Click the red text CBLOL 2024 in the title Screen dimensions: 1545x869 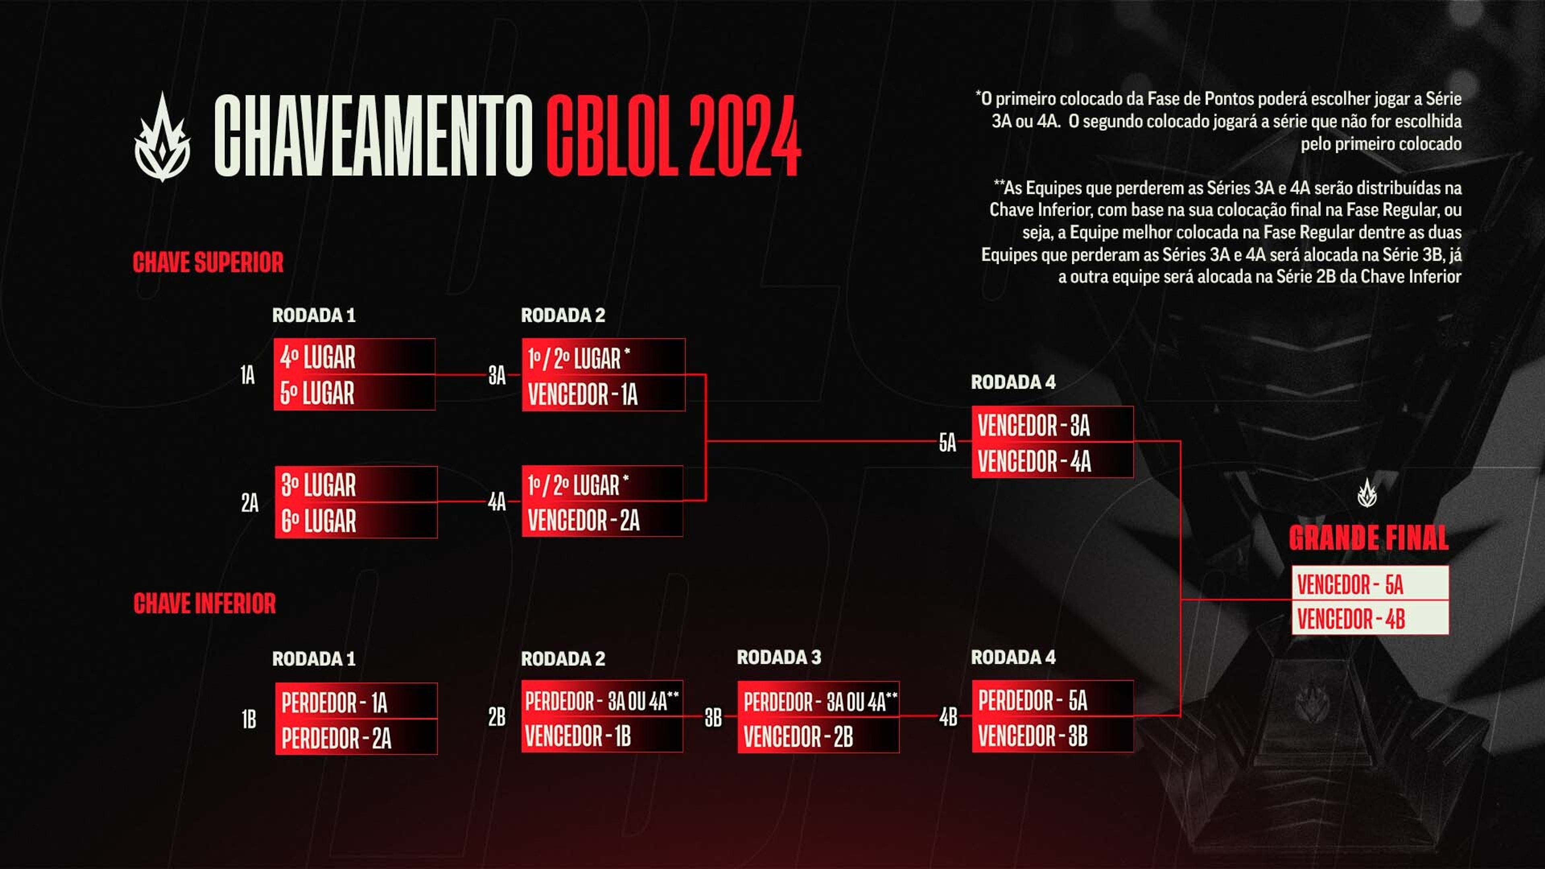pos(673,136)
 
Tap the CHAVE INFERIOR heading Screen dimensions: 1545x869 pos(204,603)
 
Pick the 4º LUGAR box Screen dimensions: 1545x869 pos(354,357)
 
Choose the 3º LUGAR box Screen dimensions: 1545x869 pos(356,484)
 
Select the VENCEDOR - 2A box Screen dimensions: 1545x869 pos(602,519)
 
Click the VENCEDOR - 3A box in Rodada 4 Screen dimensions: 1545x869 pos(1053,424)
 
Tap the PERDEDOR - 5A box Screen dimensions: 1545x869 pos(1053,699)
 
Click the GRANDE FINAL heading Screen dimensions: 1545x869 pos(1369,538)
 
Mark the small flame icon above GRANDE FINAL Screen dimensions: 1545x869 pos(1367,493)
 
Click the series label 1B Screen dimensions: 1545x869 pos(249,719)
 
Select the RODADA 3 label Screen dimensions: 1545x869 pos(779,657)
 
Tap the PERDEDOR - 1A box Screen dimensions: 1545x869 pos(356,701)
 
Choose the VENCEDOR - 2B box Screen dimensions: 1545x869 pos(818,735)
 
